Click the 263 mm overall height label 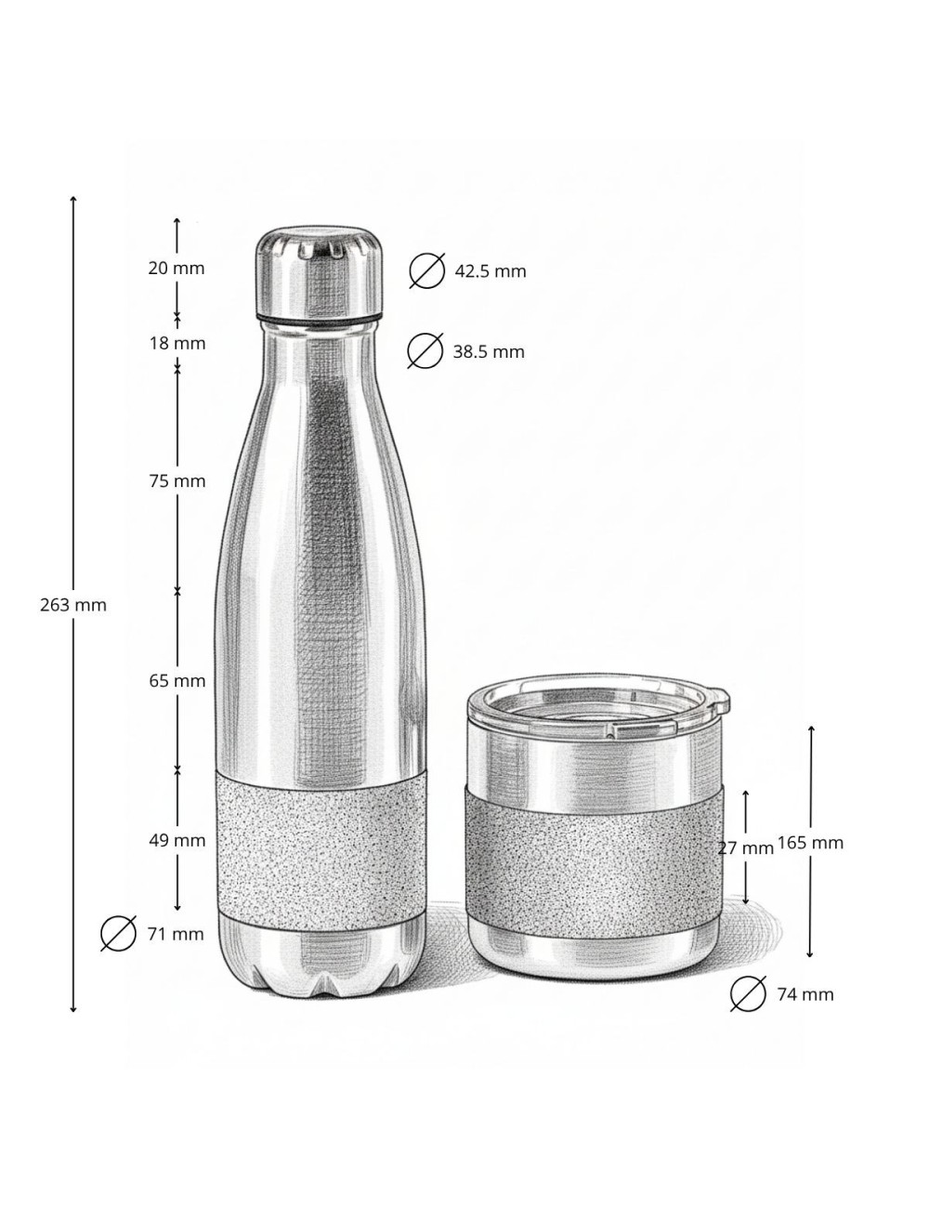click(x=73, y=605)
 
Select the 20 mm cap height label click(x=176, y=269)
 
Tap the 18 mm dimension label click(x=176, y=344)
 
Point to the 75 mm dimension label click(x=177, y=481)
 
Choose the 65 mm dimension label click(x=177, y=681)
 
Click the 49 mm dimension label click(x=177, y=841)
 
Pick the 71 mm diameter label click(x=175, y=935)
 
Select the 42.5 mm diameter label click(x=490, y=271)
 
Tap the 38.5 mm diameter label click(x=489, y=352)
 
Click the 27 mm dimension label click(x=745, y=848)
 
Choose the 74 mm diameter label click(x=805, y=995)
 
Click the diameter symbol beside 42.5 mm click(x=427, y=271)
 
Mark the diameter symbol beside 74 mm click(x=748, y=994)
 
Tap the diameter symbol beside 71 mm click(x=119, y=934)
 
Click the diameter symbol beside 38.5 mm click(x=425, y=351)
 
